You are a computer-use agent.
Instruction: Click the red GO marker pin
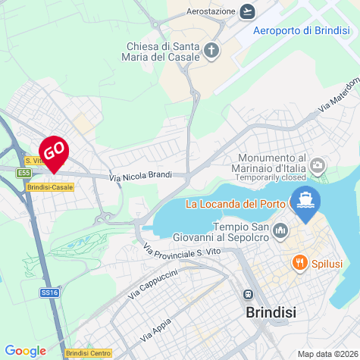click(54, 152)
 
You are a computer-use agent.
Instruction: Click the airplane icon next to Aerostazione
click(247, 11)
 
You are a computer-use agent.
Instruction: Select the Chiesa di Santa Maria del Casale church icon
click(211, 52)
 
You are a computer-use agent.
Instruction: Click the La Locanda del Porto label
click(235, 204)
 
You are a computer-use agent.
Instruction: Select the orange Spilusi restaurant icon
click(299, 262)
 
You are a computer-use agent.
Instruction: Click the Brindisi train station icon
click(247, 294)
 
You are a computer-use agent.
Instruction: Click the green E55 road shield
click(23, 174)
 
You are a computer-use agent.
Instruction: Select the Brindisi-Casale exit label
click(49, 186)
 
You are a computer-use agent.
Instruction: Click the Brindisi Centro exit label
click(88, 353)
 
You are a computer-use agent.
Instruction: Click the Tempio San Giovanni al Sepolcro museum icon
click(280, 230)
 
